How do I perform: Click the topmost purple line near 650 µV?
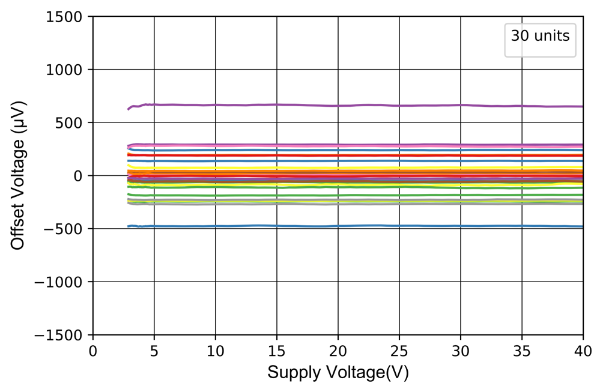pos(360,106)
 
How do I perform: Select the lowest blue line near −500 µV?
pos(360,226)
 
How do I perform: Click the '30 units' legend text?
pos(540,36)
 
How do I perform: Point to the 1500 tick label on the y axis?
pos(66,17)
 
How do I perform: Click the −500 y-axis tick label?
pos(65,229)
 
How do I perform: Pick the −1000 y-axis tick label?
pos(61,282)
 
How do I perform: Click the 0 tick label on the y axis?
pos(79,176)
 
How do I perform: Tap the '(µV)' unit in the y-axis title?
pos(19,118)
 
